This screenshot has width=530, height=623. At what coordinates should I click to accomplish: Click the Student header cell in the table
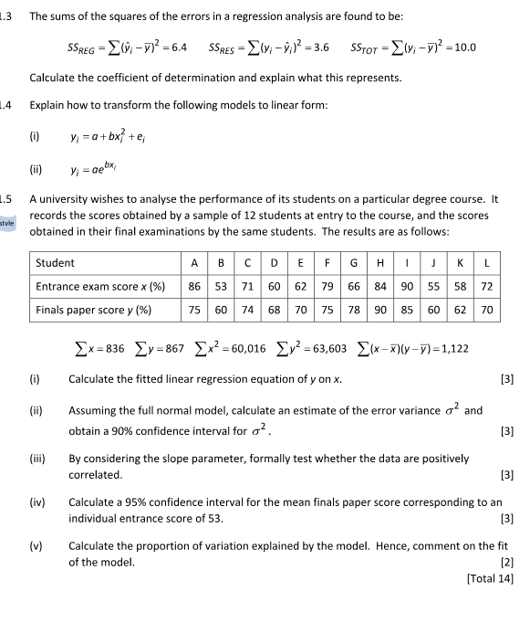click(x=56, y=263)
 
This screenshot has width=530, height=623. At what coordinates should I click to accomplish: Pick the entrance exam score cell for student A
click(x=194, y=286)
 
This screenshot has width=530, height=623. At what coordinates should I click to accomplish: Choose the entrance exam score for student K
click(x=461, y=286)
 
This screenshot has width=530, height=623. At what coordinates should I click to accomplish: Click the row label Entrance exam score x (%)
click(x=100, y=286)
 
